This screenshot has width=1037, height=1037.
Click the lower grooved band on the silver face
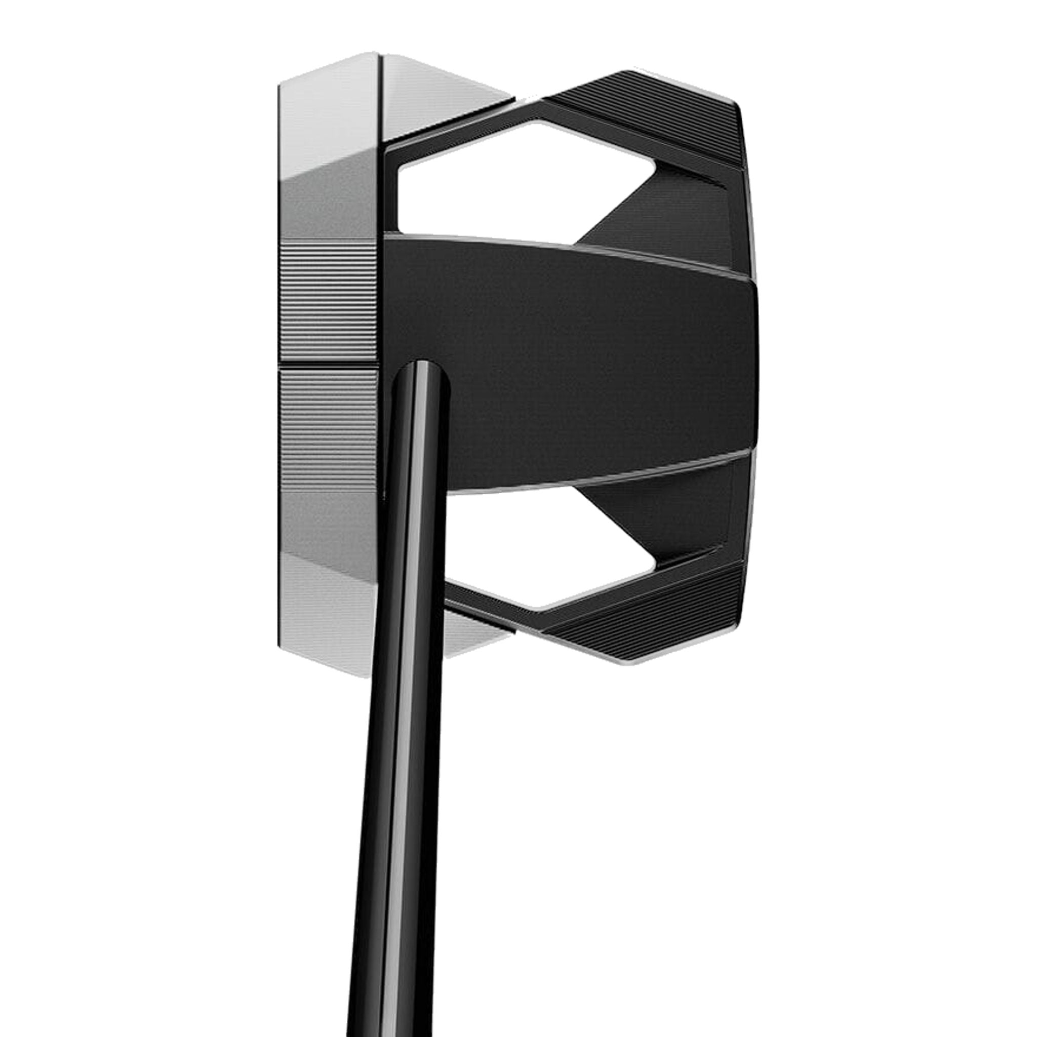pos(328,424)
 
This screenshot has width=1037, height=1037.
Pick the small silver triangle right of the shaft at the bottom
pos(472,639)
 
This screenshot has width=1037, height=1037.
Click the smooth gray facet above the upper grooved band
pos(328,204)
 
